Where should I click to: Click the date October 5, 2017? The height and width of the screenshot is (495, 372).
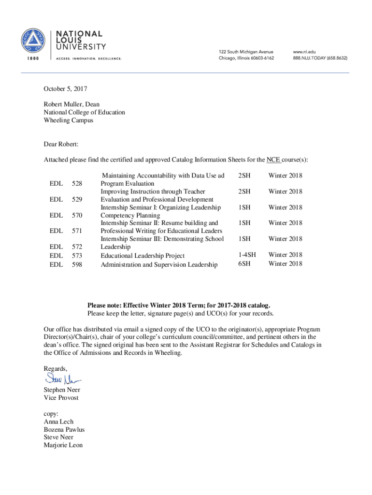click(66, 89)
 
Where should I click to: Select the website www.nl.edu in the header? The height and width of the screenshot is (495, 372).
click(304, 52)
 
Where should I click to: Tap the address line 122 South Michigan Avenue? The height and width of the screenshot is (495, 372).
click(246, 52)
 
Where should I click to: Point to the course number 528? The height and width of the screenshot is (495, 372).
click(77, 184)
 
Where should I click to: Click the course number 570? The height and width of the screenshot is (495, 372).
click(77, 215)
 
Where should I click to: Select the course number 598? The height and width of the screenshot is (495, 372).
click(77, 264)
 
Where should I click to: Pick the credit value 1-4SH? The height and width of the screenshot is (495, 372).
click(247, 254)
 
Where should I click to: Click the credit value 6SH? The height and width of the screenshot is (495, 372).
click(244, 263)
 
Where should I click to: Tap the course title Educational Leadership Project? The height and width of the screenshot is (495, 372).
click(143, 255)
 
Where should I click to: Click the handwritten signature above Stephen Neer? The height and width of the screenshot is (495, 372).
click(62, 379)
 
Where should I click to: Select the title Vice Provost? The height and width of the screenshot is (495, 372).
click(61, 398)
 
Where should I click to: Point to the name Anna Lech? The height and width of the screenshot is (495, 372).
click(58, 422)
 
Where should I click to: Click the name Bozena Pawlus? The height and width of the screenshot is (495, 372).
click(64, 429)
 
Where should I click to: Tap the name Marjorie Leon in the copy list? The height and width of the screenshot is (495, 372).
click(63, 445)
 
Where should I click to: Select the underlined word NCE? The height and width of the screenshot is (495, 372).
click(274, 160)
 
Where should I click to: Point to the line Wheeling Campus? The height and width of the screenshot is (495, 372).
click(68, 120)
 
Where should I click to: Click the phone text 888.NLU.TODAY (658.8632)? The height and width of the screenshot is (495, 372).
click(319, 58)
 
